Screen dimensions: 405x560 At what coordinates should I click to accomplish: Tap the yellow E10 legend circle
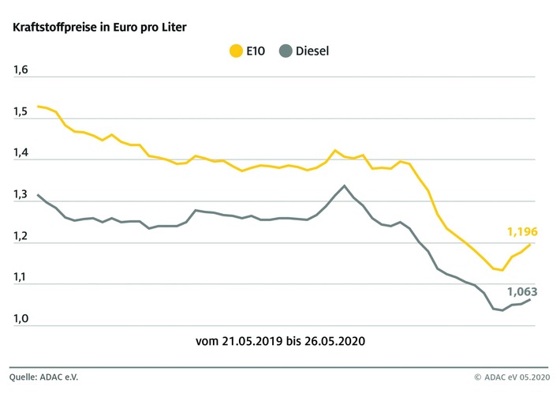coord(236,52)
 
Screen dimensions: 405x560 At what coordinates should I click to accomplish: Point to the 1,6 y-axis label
coord(20,70)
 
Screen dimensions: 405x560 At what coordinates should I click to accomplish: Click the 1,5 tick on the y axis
coord(20,112)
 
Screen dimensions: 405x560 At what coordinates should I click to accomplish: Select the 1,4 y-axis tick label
coord(20,153)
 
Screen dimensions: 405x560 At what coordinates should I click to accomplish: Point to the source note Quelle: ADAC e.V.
coord(45,377)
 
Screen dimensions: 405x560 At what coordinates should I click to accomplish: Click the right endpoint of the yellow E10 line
coord(530,245)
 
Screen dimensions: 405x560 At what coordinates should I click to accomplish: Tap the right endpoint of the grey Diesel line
coord(530,299)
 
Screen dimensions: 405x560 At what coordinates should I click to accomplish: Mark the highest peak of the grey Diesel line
coord(344,186)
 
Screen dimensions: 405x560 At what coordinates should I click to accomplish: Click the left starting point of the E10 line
coord(37,106)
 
